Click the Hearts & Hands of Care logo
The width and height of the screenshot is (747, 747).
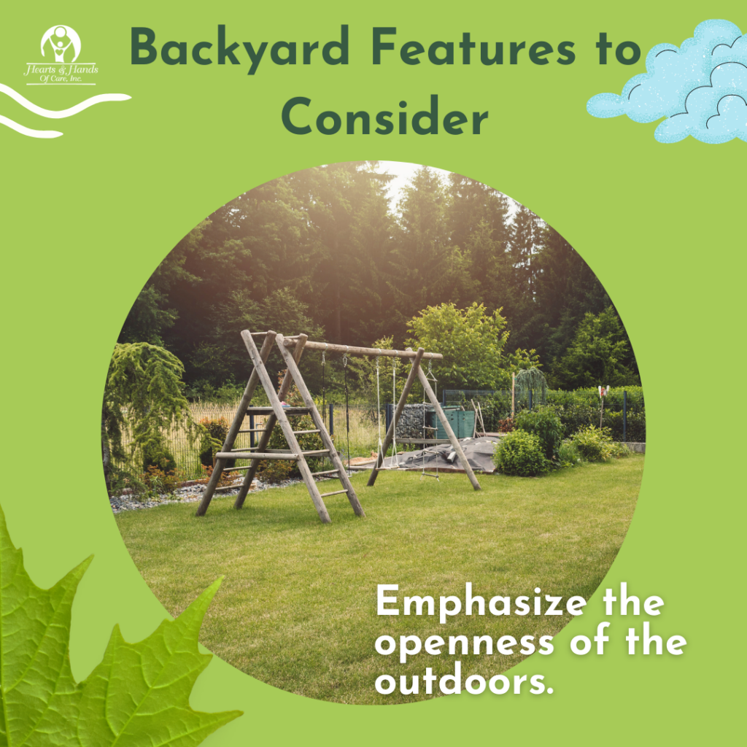coord(61,55)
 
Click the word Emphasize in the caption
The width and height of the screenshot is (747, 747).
coord(481,603)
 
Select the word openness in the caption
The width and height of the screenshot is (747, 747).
coord(465,644)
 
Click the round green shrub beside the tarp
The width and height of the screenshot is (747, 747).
coord(520,454)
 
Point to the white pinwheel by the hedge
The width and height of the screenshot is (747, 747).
coord(603,392)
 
